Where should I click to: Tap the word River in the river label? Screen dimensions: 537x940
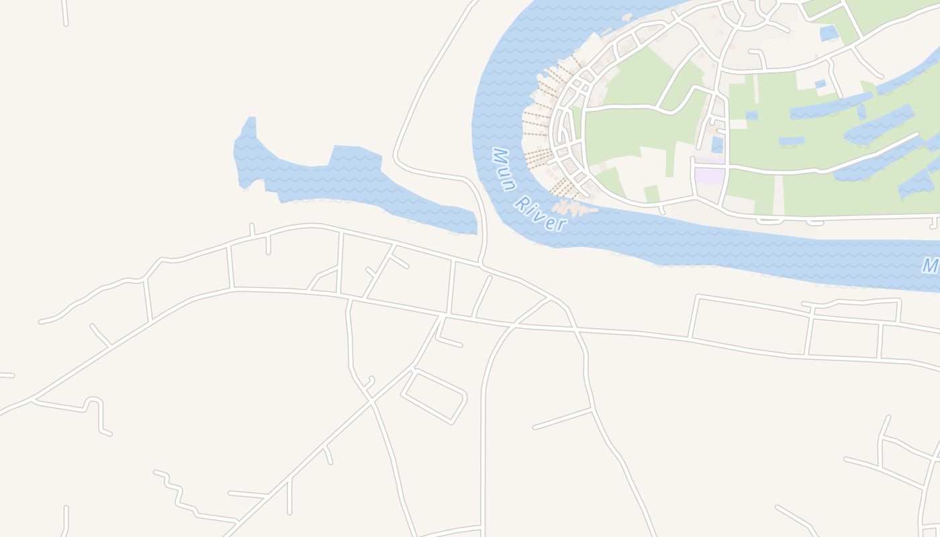coord(540,213)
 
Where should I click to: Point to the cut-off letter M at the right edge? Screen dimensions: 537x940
coord(931,265)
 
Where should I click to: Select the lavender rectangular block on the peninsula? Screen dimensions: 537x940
coord(710,175)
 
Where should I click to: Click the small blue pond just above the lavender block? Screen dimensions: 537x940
coord(717,144)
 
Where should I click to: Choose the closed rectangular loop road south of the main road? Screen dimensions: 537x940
coord(434,396)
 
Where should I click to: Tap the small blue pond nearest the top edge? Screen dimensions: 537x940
coord(829,32)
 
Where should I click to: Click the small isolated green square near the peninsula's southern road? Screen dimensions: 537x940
coord(651,193)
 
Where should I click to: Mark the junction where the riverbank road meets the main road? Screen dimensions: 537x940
coord(481,264)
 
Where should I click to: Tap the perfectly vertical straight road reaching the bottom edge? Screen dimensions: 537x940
coord(483,456)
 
